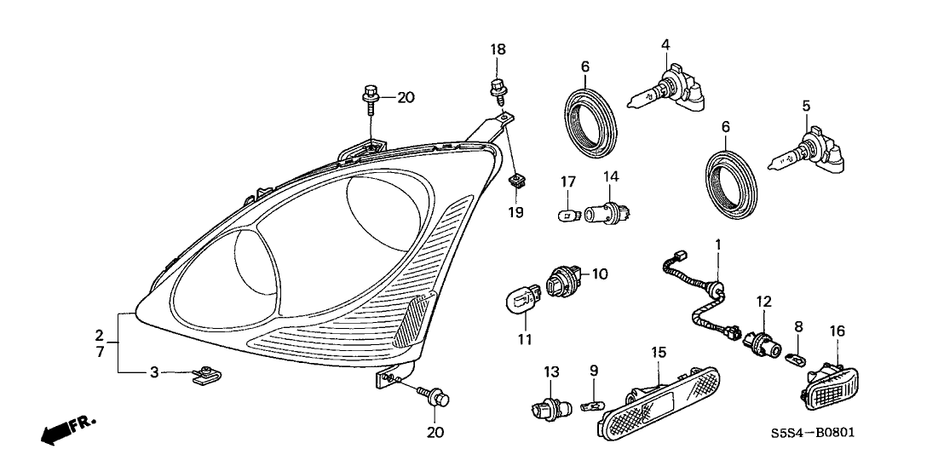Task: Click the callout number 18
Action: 498,50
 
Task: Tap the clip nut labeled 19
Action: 515,180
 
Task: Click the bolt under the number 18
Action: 497,87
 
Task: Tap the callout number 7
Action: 99,351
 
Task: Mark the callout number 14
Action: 610,176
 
